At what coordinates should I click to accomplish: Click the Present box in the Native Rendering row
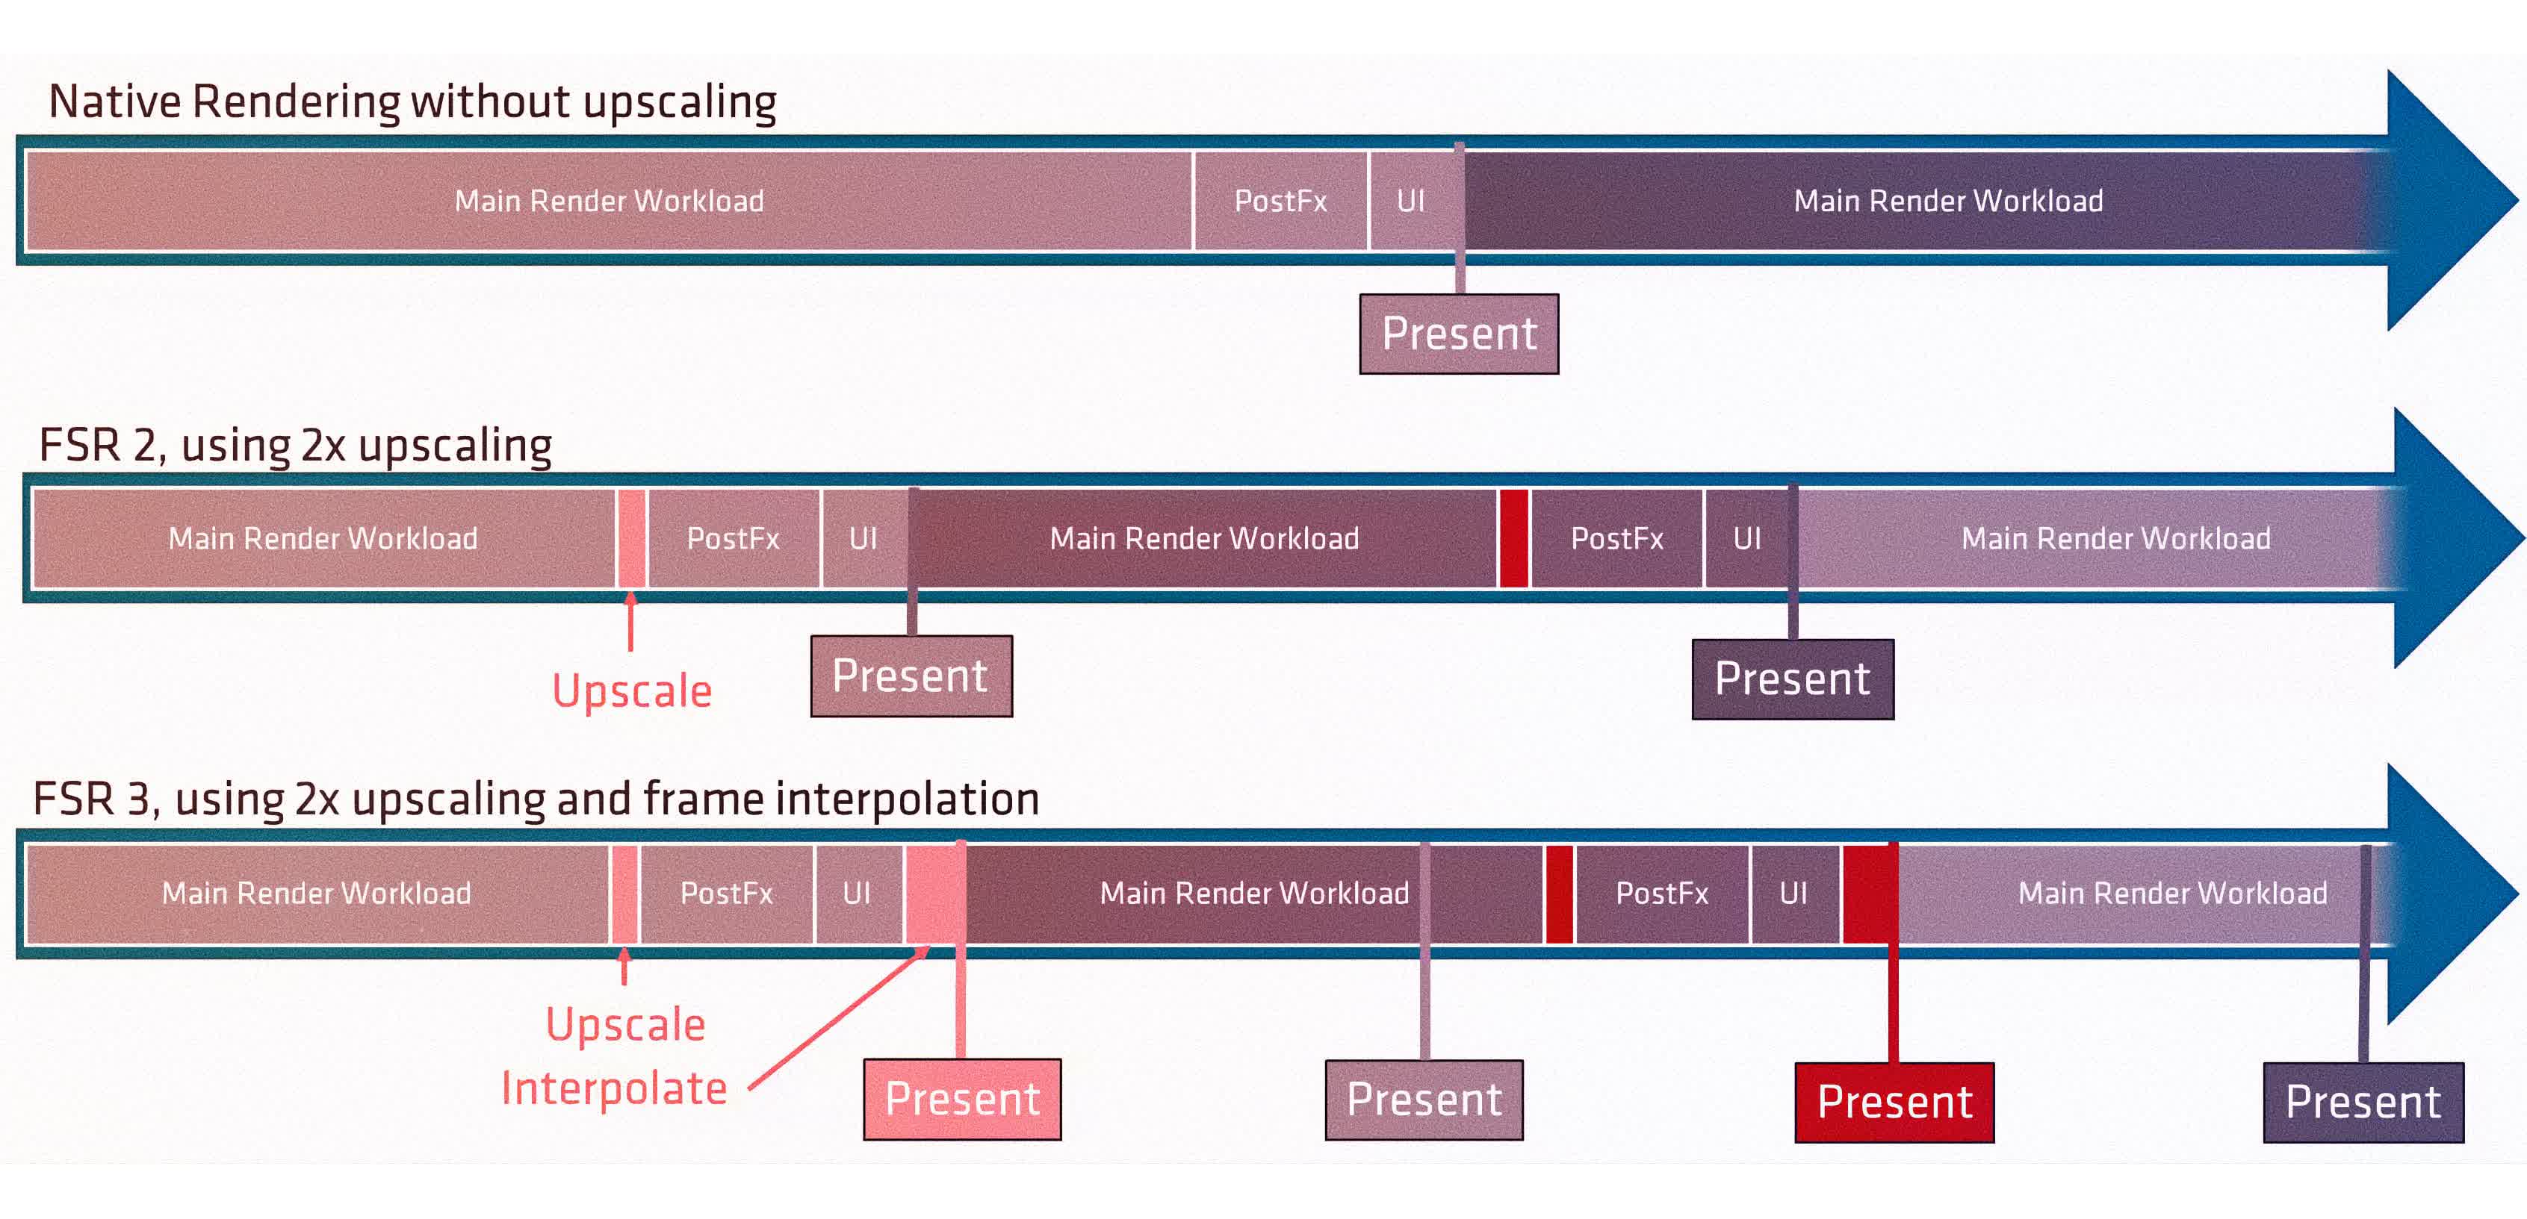1459,334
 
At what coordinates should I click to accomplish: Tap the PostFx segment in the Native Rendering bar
1280,201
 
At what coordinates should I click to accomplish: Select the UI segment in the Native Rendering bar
1413,201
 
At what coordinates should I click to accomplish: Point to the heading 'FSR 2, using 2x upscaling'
295,445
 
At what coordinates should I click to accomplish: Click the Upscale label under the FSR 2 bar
632,691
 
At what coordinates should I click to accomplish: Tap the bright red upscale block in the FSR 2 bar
1513,538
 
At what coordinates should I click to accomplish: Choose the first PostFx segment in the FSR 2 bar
733,538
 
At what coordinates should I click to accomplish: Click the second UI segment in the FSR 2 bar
1747,538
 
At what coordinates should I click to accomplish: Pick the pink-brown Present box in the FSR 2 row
911,676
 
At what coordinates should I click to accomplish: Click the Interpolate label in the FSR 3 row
614,1088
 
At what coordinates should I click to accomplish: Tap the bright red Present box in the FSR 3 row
1894,1103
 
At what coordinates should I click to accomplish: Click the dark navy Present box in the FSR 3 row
2363,1103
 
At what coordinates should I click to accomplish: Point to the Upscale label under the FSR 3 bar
626,1025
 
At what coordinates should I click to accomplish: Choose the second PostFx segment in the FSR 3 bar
1662,894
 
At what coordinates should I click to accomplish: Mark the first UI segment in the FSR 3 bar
858,894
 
